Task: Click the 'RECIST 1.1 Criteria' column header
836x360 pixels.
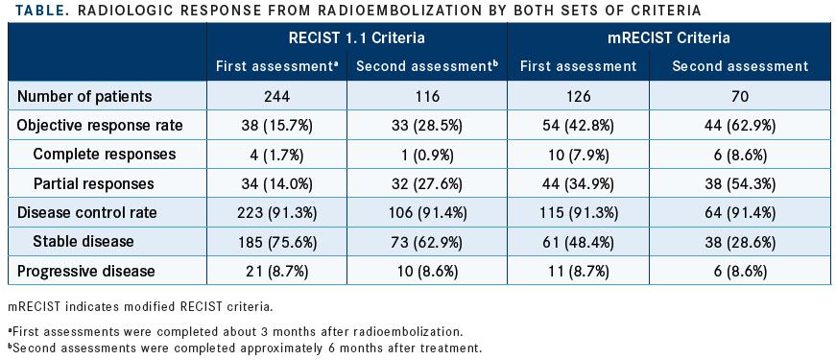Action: [355, 38]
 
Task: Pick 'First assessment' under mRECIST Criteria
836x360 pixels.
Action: [578, 66]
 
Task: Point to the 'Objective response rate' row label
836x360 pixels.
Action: [99, 125]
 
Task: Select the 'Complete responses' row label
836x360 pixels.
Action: [105, 154]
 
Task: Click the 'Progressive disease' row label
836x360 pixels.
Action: [87, 271]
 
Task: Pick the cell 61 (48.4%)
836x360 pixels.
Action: [578, 242]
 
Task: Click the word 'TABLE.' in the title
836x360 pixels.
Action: [33, 9]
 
